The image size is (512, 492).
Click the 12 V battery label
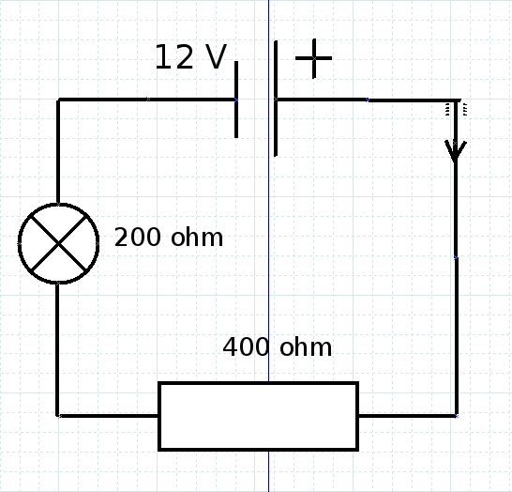point(190,57)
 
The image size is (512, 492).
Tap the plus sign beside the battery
point(314,58)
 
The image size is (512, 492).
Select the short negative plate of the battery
point(236,100)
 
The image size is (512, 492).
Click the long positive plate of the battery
point(276,99)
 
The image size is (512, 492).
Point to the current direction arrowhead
point(456,151)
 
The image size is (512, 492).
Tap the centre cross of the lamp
point(58,243)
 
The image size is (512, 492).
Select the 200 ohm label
point(169,237)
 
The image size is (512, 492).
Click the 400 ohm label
point(277,346)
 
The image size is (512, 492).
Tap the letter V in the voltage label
point(216,57)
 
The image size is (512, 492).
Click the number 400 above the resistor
point(246,346)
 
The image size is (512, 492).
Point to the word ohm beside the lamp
point(197,237)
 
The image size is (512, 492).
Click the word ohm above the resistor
point(306,346)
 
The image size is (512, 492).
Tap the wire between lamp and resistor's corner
point(57,349)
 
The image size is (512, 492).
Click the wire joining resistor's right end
point(408,416)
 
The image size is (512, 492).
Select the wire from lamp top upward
point(58,151)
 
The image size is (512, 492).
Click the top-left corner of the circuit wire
point(58,100)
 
